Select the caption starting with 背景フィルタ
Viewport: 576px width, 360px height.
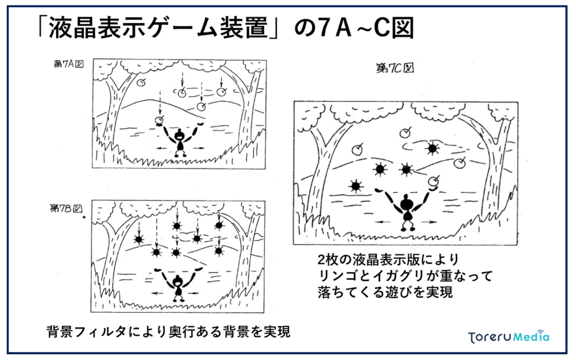tap(168, 331)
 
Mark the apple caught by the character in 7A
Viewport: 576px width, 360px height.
tap(160, 120)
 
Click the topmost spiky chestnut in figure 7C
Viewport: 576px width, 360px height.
tap(432, 148)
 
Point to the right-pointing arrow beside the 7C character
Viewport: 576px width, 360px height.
tap(428, 222)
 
